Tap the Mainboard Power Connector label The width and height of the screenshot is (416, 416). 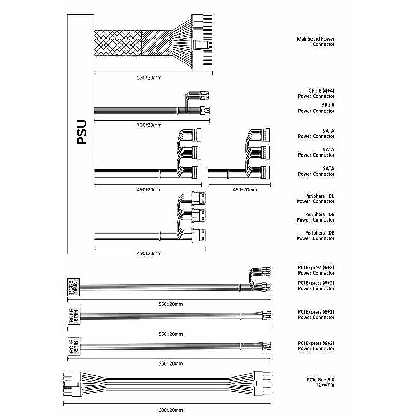(316, 42)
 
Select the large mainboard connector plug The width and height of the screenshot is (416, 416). (202, 42)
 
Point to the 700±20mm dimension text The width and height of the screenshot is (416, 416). (149, 125)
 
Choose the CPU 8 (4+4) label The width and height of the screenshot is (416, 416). (316, 94)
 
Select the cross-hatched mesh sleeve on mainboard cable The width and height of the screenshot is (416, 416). (117, 42)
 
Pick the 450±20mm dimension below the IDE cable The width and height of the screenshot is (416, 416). (149, 253)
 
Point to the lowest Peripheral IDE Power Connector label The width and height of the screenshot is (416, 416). (316, 236)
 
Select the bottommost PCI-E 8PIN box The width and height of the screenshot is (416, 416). (74, 346)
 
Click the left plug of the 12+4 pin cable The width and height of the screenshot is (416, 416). (71, 385)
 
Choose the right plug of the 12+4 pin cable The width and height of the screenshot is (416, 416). (263, 385)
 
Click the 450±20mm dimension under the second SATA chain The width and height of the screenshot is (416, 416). (244, 190)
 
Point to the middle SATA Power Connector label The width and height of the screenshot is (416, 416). (316, 152)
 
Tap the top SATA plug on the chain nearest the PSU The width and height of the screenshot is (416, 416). (198, 135)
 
